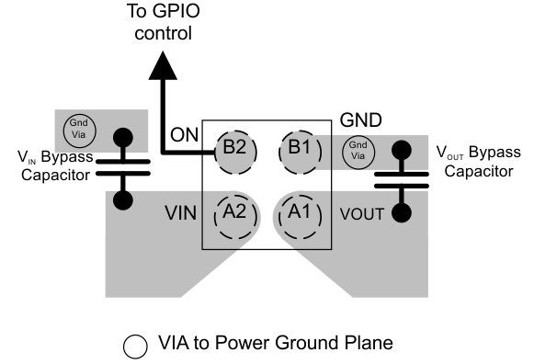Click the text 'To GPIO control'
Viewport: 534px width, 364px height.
[x=166, y=23]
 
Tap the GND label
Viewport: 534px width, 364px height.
[x=361, y=120]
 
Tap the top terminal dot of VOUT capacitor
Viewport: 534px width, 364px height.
[x=402, y=148]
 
